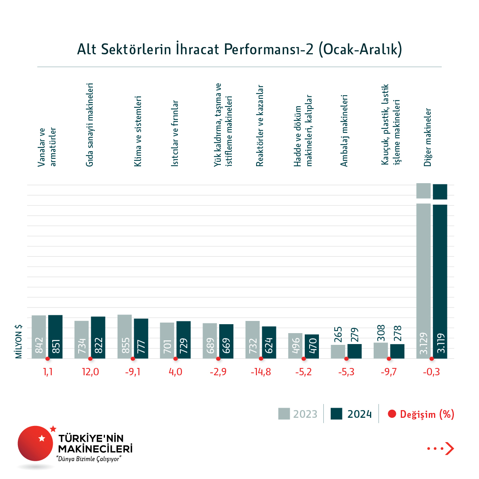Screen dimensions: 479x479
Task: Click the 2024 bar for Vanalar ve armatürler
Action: (x=56, y=336)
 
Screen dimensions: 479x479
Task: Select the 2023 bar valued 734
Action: (x=82, y=340)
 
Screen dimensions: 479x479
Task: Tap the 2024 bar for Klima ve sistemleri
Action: (x=141, y=338)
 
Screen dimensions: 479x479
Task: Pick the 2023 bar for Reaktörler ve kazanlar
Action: (x=252, y=340)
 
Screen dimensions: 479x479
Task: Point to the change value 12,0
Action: (x=90, y=372)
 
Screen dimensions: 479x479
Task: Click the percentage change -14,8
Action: (x=261, y=372)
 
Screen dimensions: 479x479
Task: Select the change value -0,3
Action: (x=431, y=372)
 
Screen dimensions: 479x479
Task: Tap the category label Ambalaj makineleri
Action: (x=344, y=130)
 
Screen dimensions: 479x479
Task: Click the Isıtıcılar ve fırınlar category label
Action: (x=175, y=133)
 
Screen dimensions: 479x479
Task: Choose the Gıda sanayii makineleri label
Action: (x=90, y=125)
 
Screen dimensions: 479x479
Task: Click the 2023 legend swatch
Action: (x=284, y=414)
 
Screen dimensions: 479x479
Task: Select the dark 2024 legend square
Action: (x=336, y=414)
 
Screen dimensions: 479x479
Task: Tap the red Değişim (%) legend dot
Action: (x=391, y=414)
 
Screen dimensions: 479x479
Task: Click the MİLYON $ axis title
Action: (x=19, y=341)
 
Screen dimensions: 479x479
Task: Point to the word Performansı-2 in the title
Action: (x=268, y=49)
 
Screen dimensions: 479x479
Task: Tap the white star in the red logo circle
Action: (x=41, y=438)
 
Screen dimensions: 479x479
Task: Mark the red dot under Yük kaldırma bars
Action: (x=218, y=359)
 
